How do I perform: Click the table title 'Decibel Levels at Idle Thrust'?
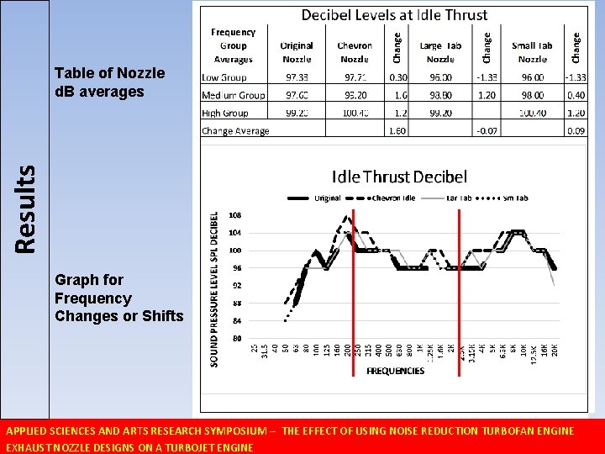coord(394,14)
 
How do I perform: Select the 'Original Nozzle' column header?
coord(297,52)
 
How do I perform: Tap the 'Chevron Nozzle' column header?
coord(355,52)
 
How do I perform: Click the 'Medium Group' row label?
coord(234,95)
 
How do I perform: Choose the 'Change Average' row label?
coord(235,131)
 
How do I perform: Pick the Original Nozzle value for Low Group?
coord(297,77)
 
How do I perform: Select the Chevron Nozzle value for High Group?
coord(355,113)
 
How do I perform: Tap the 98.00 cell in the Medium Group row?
coord(533,95)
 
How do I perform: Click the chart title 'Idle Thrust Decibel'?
coord(399,177)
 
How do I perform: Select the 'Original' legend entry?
coord(324,198)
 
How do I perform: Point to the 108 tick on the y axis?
coord(235,214)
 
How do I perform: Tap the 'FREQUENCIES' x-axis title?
coord(395,371)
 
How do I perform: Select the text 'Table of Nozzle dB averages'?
coord(98,82)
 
